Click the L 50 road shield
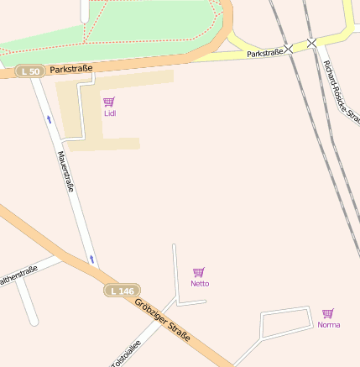coord(30,72)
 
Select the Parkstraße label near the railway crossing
coord(264,53)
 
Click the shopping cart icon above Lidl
coord(109,102)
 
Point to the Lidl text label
coord(110,113)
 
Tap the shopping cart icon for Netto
coord(199,272)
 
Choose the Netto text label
coord(200,284)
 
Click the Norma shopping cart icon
coord(328,313)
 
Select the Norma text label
coord(329,324)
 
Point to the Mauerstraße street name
coord(65,170)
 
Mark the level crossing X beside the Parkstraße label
coord(289,50)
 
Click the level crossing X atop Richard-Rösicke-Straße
coord(311,42)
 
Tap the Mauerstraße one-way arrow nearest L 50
coord(49,119)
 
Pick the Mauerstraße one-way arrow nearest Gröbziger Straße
coord(90,257)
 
